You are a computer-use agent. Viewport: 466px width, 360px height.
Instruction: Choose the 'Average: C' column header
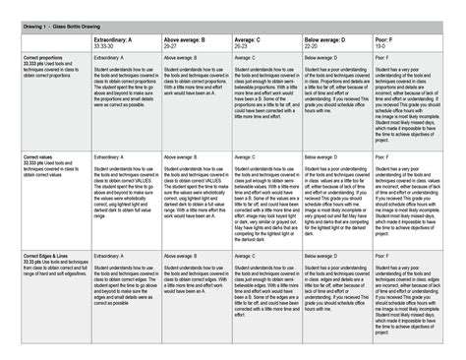point(251,39)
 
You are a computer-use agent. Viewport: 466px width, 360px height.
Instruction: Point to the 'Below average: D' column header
point(325,39)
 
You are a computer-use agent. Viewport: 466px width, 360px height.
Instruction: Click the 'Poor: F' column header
point(396,39)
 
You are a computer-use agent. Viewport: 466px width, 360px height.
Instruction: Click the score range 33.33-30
point(105,45)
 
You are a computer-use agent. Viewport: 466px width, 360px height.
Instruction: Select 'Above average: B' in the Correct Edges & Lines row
point(180,253)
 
